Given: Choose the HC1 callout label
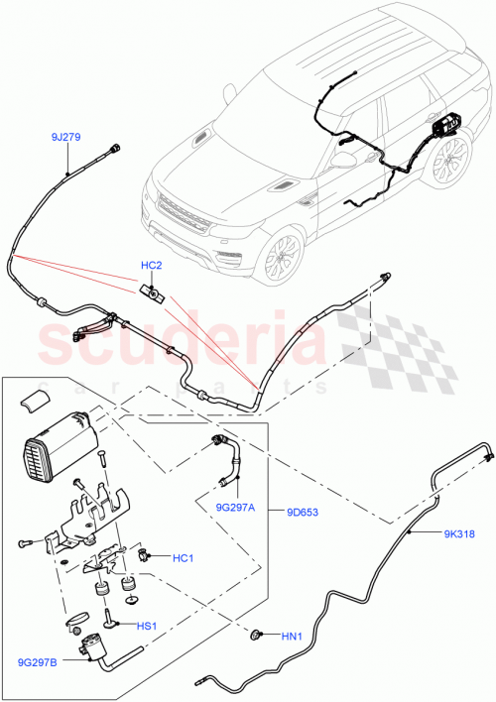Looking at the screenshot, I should coord(183,557).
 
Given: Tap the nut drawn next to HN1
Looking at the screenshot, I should coord(256,634).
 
